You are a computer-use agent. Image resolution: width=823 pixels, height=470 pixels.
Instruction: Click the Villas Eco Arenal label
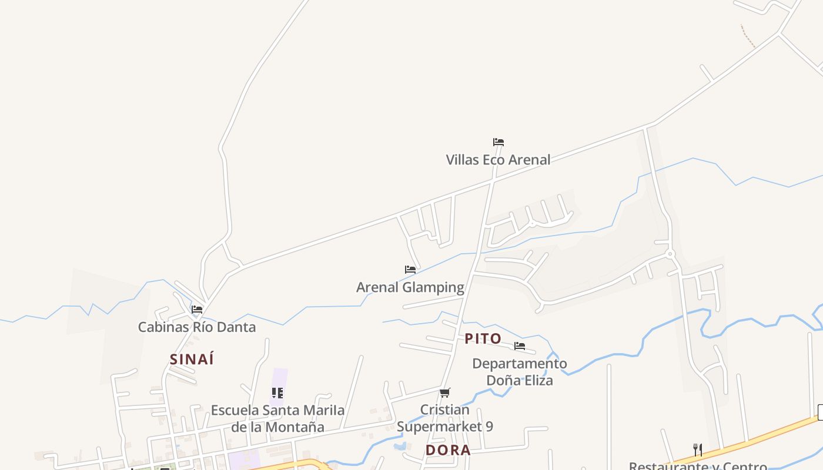498,160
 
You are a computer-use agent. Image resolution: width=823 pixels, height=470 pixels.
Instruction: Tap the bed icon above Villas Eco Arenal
499,142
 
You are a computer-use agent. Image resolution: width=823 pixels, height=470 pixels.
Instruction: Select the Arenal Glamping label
410,287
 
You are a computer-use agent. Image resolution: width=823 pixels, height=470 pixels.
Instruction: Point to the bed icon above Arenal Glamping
410,270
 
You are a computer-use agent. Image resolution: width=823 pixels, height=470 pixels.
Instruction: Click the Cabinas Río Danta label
197,327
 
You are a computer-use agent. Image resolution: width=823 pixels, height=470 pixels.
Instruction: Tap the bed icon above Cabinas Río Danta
197,309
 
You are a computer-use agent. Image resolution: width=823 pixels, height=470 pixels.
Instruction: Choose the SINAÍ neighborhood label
192,360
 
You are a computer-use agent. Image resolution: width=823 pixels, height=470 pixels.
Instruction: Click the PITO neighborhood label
483,339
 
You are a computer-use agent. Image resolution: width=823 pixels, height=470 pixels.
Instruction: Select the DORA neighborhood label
448,451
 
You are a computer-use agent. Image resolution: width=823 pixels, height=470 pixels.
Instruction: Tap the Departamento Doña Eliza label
520,372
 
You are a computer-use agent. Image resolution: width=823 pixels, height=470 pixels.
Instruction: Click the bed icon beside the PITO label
520,346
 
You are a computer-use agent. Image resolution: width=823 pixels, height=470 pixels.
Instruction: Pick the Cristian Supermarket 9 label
445,418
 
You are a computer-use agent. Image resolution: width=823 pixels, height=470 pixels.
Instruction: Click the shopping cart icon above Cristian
445,392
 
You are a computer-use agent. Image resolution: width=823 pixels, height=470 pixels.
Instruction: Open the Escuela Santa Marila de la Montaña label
277,418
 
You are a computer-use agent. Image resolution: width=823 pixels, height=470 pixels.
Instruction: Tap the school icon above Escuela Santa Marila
277,392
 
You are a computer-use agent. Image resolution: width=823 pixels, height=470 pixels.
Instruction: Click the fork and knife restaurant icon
698,450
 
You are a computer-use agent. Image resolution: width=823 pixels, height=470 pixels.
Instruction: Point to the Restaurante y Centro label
698,466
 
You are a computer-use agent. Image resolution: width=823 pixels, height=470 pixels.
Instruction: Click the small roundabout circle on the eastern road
670,254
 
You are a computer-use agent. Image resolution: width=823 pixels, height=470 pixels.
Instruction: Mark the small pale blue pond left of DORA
400,446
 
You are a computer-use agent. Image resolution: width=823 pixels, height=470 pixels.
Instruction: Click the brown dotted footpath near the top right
748,36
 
